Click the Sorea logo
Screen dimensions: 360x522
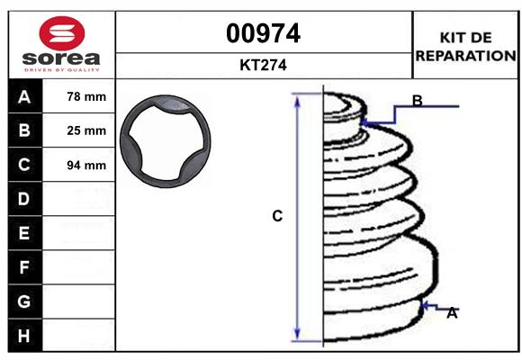tap(60, 45)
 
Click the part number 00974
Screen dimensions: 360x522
tap(263, 33)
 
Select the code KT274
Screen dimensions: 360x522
tap(263, 65)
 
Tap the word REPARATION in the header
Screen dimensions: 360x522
tap(464, 55)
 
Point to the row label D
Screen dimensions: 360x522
tap(24, 198)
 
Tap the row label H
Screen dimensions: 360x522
tap(24, 335)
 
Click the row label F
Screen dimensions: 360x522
tap(24, 267)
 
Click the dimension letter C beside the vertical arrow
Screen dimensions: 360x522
tap(277, 216)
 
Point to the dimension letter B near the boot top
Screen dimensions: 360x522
tap(417, 100)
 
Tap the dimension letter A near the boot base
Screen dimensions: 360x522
tap(452, 313)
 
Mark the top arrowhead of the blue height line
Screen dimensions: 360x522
tap(297, 96)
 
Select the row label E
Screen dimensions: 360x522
tap(24, 233)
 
